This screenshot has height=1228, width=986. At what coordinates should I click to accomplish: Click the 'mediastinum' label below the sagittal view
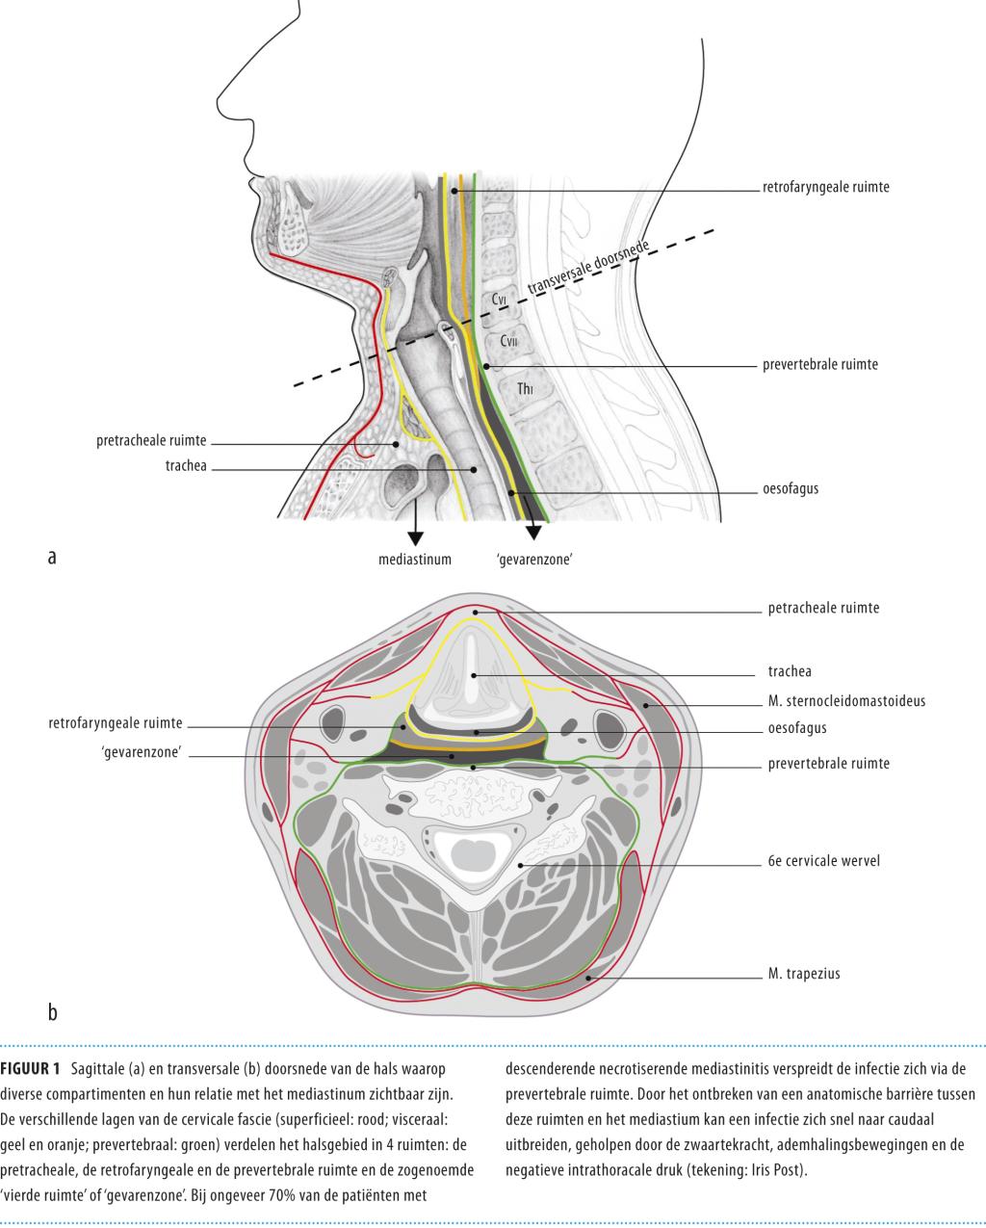[x=415, y=558]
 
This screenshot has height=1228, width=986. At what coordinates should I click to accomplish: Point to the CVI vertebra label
[x=500, y=300]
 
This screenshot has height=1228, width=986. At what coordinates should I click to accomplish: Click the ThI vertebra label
[x=525, y=389]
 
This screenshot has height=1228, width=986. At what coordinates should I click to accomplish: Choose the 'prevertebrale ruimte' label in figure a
[x=819, y=366]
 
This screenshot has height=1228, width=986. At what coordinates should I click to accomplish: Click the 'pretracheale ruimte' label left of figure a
[x=151, y=442]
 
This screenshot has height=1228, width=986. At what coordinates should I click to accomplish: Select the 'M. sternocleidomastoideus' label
[x=846, y=700]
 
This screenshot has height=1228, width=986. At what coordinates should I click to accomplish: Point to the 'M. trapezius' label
[x=804, y=974]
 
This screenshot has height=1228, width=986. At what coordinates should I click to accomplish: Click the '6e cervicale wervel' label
[x=823, y=861]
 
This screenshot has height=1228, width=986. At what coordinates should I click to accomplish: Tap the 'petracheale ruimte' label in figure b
[x=823, y=608]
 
